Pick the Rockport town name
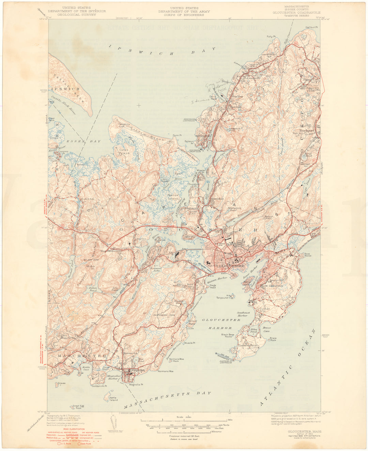tap(306, 130)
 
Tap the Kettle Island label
tap(113, 399)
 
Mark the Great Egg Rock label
tap(77, 407)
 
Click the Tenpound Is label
tap(224, 297)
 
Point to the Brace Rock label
tap(273, 339)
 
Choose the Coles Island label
tap(124, 152)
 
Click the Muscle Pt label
tap(189, 343)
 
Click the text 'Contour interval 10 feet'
tap(184, 436)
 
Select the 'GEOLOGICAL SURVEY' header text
tap(77, 15)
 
